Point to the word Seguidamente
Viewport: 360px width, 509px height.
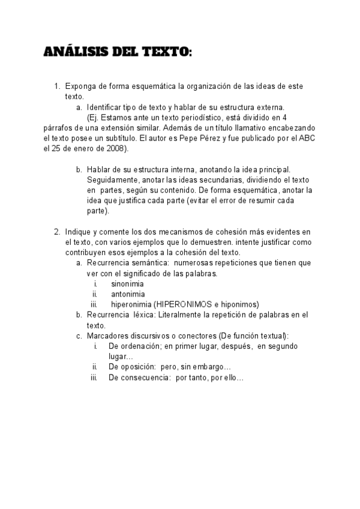tap(112, 180)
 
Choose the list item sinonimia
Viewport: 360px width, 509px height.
tap(127, 284)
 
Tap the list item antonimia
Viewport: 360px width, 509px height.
tap(127, 294)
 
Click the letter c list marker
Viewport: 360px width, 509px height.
tap(79, 336)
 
